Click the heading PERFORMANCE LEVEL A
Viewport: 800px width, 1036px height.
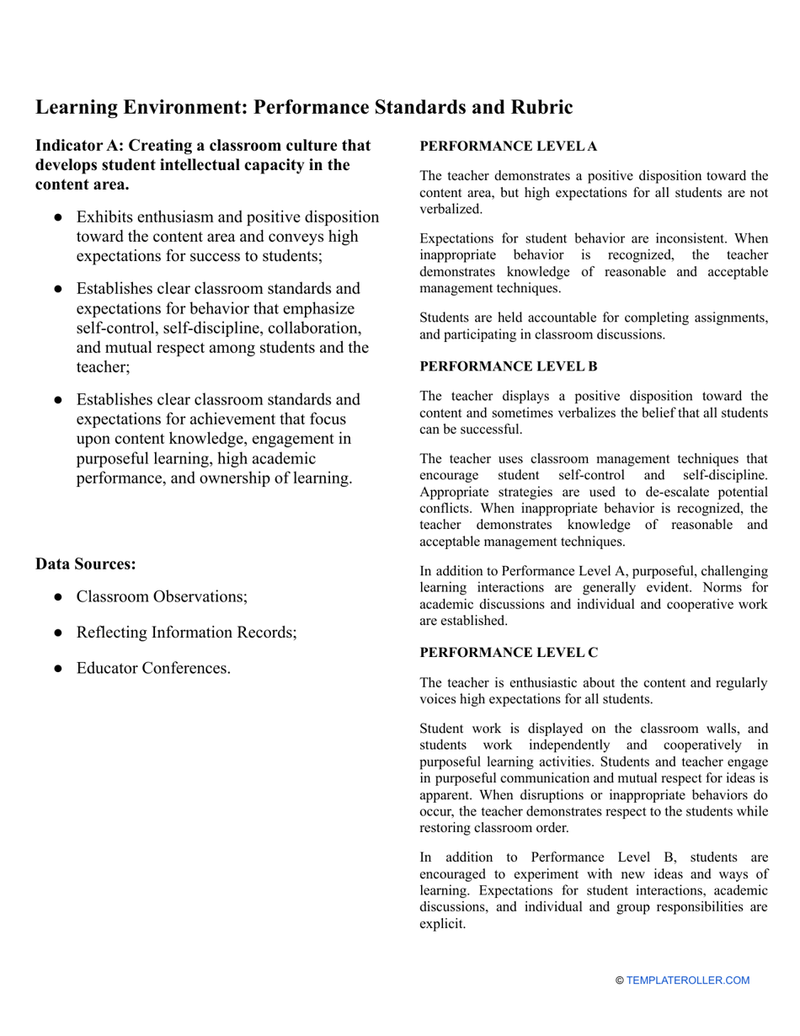click(508, 147)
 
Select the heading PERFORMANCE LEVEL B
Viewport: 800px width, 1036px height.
click(508, 366)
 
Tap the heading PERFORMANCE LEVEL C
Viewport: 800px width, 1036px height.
click(509, 653)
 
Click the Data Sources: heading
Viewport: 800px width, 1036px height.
click(85, 563)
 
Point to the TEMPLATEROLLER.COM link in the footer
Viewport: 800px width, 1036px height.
click(687, 980)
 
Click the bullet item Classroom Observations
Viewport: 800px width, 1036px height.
click(162, 596)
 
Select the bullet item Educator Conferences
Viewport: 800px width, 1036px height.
click(153, 668)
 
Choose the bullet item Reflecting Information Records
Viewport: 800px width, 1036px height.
click(186, 633)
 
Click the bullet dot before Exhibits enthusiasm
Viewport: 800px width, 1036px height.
click(58, 217)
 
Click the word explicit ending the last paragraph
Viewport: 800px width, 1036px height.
click(441, 924)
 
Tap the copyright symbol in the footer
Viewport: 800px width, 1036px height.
click(620, 980)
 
